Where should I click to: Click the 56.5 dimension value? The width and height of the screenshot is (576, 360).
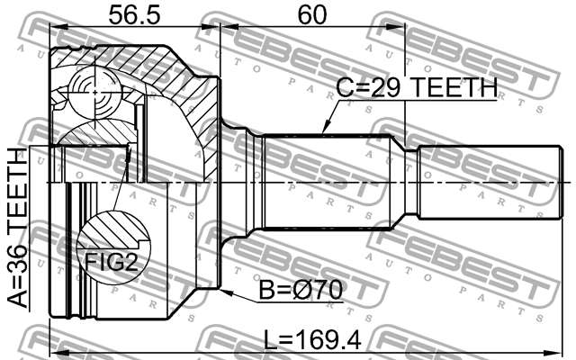[133, 15]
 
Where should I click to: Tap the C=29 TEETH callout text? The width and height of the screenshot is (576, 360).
[417, 88]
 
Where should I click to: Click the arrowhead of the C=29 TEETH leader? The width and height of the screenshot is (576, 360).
[321, 132]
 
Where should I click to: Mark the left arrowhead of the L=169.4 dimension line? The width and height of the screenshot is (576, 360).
[56, 349]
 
